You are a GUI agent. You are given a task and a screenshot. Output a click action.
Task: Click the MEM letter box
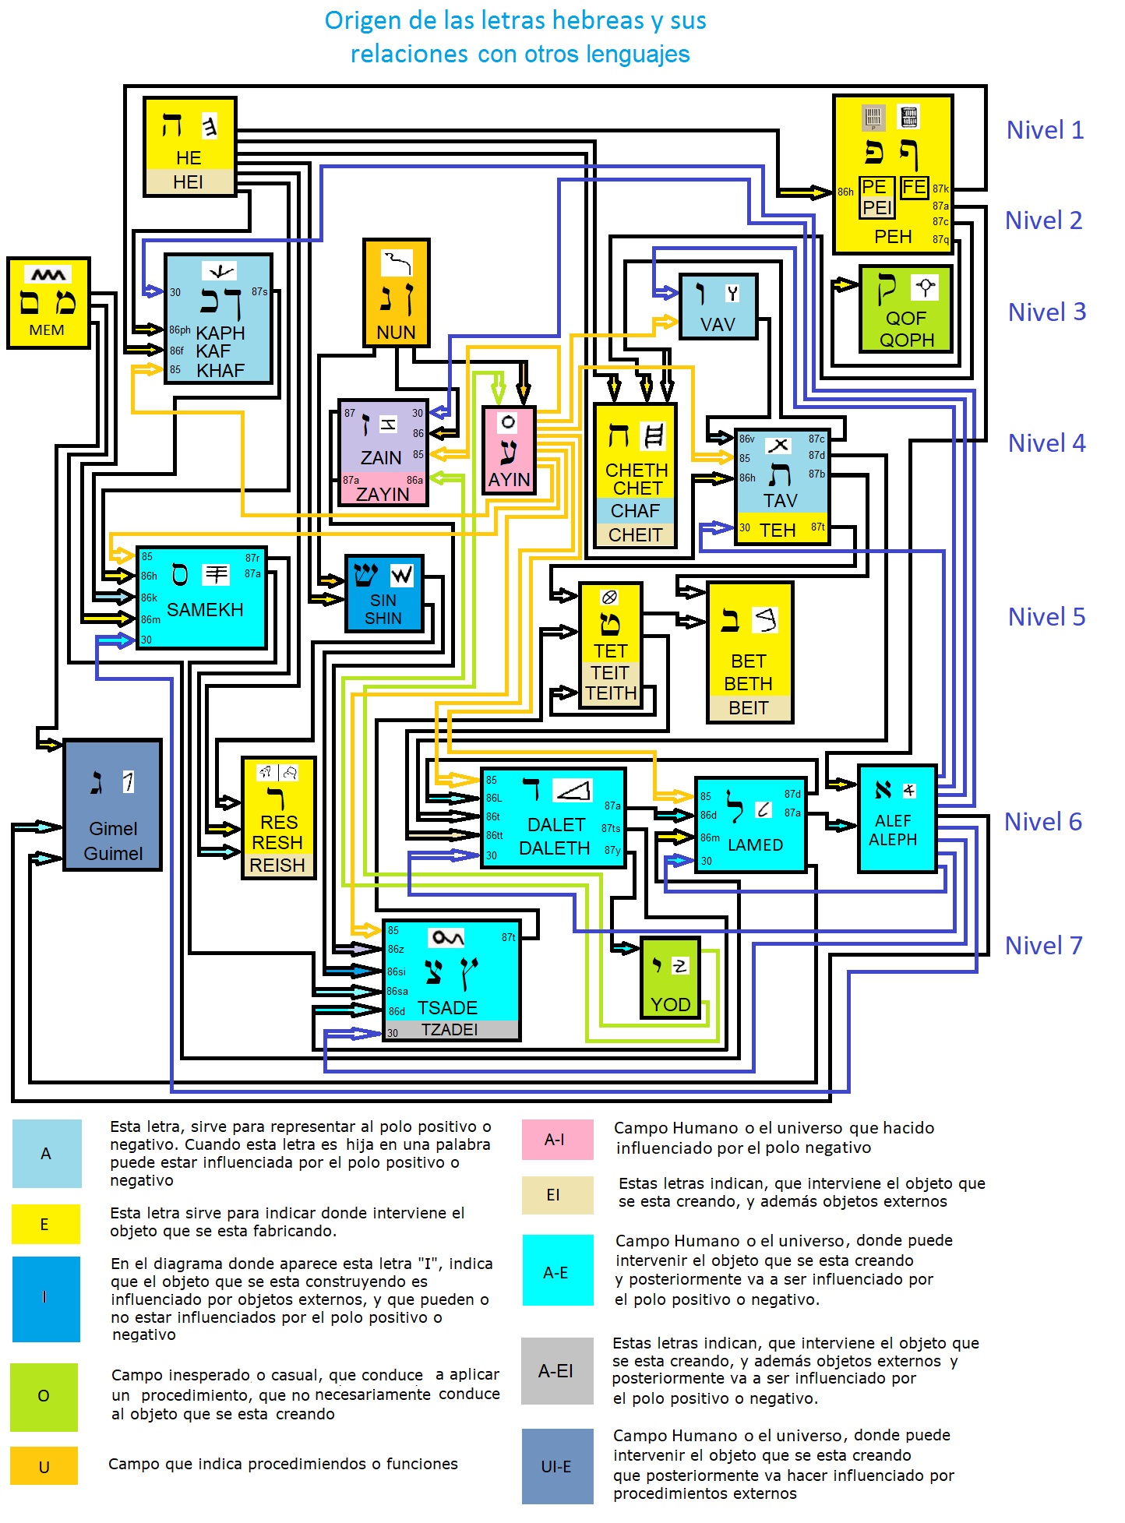pyautogui.click(x=48, y=302)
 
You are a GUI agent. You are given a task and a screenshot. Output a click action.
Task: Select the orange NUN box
pyautogui.click(x=396, y=292)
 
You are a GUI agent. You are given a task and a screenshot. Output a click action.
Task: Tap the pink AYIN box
pyautogui.click(x=509, y=449)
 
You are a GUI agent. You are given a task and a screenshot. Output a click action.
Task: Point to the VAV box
pyautogui.click(x=718, y=306)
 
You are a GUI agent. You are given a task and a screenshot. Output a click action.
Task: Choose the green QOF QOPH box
pyautogui.click(x=906, y=308)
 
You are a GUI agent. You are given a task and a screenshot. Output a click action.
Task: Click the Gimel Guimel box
pyautogui.click(x=113, y=804)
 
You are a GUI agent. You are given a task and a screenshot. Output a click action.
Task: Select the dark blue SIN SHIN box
pyautogui.click(x=384, y=593)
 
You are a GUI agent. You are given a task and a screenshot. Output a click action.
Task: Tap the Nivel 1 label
pyautogui.click(x=1045, y=130)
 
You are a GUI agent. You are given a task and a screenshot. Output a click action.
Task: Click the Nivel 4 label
pyautogui.click(x=1046, y=443)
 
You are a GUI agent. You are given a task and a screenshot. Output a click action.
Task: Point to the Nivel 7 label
pyautogui.click(x=1043, y=946)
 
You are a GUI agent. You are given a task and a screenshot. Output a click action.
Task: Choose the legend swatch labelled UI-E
pyautogui.click(x=556, y=1466)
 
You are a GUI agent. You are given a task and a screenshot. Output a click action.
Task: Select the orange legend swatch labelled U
pyautogui.click(x=44, y=1465)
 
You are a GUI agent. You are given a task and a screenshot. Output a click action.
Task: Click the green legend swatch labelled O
pyautogui.click(x=44, y=1396)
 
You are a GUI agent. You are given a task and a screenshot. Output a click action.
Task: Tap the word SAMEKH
pyautogui.click(x=205, y=610)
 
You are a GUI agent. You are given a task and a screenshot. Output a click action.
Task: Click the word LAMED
pyautogui.click(x=755, y=845)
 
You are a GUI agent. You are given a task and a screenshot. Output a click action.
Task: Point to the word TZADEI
pyautogui.click(x=450, y=1030)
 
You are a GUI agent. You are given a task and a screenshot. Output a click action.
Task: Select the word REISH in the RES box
pyautogui.click(x=277, y=866)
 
